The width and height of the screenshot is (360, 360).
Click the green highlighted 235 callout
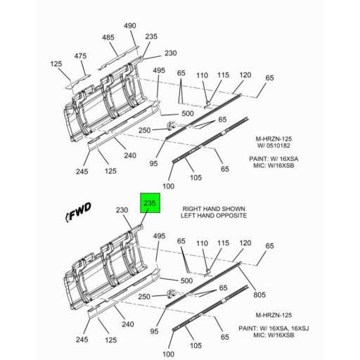[150, 202]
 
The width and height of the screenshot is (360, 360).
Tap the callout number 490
[129, 25]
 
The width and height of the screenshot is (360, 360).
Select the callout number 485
[108, 37]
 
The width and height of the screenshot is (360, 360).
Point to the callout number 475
[81, 56]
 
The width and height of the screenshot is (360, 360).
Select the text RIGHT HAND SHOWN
[214, 209]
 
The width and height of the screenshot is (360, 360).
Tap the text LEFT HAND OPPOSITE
[214, 216]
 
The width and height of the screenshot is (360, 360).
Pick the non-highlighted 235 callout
[151, 37]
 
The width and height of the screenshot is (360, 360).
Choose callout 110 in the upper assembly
[202, 75]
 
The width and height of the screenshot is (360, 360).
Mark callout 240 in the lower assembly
[129, 325]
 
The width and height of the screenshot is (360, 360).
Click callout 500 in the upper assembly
[187, 114]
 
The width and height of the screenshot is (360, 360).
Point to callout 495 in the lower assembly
[159, 237]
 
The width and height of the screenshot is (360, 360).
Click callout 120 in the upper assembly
[245, 75]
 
